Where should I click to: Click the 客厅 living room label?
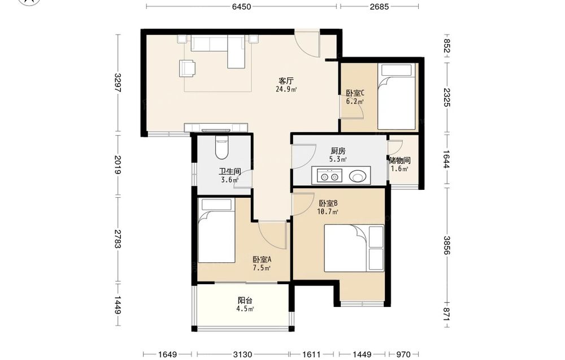click(286, 80)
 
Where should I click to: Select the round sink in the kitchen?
click(358, 176)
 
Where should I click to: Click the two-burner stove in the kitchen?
click(330, 176)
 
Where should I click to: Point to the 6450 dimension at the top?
click(241, 6)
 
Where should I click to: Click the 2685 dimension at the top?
click(380, 6)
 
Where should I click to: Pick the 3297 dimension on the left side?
click(118, 83)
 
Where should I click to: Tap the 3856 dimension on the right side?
click(447, 245)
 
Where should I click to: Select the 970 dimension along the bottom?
click(403, 354)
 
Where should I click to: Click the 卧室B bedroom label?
click(328, 203)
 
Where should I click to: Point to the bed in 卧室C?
click(397, 97)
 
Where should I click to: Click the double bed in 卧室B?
click(354, 248)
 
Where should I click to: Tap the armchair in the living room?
click(188, 68)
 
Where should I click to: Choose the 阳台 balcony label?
click(245, 300)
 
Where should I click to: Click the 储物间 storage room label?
click(399, 161)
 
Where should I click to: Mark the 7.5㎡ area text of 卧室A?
click(261, 268)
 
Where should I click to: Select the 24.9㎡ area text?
click(286, 89)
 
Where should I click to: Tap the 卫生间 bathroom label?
click(230, 172)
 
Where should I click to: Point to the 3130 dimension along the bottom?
click(242, 354)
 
